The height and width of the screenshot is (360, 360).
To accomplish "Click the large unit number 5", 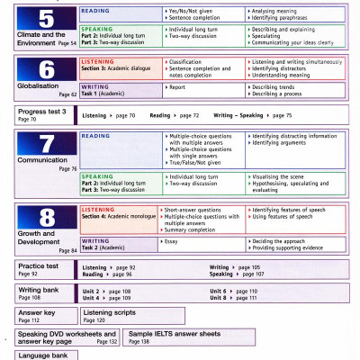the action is click(45, 20).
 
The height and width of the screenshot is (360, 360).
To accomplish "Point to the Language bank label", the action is click(42, 355).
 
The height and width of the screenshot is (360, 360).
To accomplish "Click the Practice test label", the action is click(39, 266).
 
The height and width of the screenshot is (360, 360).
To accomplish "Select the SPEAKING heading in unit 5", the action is click(97, 28).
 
